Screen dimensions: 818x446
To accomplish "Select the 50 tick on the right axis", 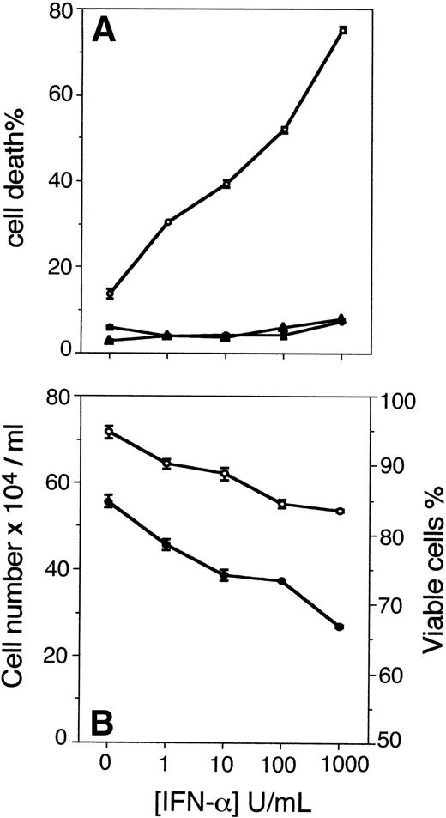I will point(387,740).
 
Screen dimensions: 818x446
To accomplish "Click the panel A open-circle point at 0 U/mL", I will point(109,294).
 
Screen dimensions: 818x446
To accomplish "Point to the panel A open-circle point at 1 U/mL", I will point(167,222).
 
